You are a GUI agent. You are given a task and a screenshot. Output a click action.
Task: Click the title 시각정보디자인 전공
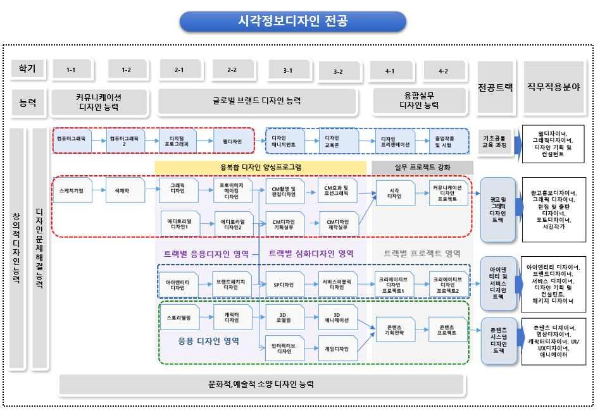point(292,22)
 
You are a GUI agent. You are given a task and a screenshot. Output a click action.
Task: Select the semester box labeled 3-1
point(287,70)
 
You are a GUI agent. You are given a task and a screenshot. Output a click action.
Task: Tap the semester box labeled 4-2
point(444,71)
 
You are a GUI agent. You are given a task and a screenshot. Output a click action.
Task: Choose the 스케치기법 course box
point(72,189)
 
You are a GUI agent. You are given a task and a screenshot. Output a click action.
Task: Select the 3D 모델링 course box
point(285,316)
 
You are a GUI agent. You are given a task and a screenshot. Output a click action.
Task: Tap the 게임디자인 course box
point(337,348)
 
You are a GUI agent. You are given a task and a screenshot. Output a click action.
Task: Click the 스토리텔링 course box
point(180,317)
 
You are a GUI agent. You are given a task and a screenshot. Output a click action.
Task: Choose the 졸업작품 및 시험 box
point(447,141)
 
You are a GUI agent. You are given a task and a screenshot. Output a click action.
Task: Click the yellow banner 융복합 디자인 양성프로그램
point(261,167)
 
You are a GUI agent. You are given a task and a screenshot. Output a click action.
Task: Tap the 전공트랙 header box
point(496,88)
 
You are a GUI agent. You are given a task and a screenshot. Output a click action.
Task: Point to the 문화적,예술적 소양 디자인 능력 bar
point(261,383)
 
